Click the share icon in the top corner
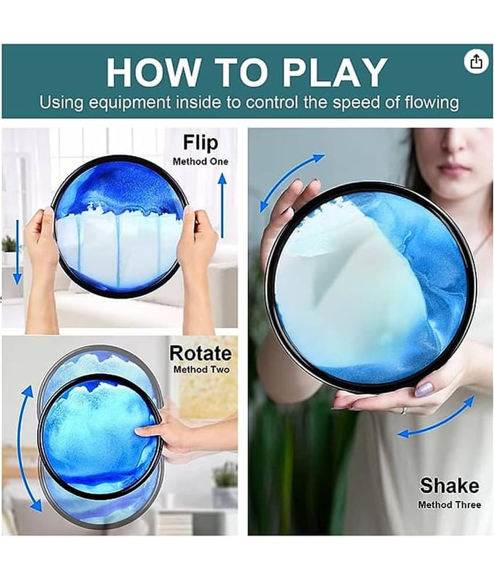coord(474,61)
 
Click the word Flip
coord(201,141)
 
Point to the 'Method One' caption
coord(200,161)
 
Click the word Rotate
coord(200,353)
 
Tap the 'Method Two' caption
coord(200,370)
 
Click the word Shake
coord(449,484)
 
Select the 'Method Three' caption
coord(449,504)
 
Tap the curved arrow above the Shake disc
coord(289,181)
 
